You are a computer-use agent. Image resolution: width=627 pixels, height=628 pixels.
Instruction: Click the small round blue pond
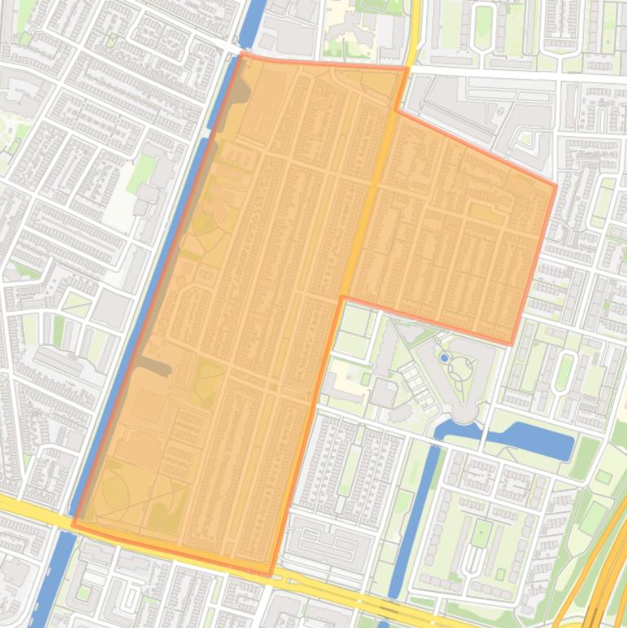click(444, 357)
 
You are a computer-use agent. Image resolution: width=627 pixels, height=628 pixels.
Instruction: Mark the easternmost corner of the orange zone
click(556, 186)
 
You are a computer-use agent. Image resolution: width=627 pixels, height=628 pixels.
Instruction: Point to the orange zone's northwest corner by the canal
click(243, 54)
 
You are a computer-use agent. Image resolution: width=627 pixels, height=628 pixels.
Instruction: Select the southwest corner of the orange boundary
click(73, 525)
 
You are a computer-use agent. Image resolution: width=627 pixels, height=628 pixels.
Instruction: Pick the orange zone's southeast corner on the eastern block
click(511, 343)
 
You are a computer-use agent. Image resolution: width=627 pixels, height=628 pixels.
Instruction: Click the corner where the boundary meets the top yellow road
click(406, 69)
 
